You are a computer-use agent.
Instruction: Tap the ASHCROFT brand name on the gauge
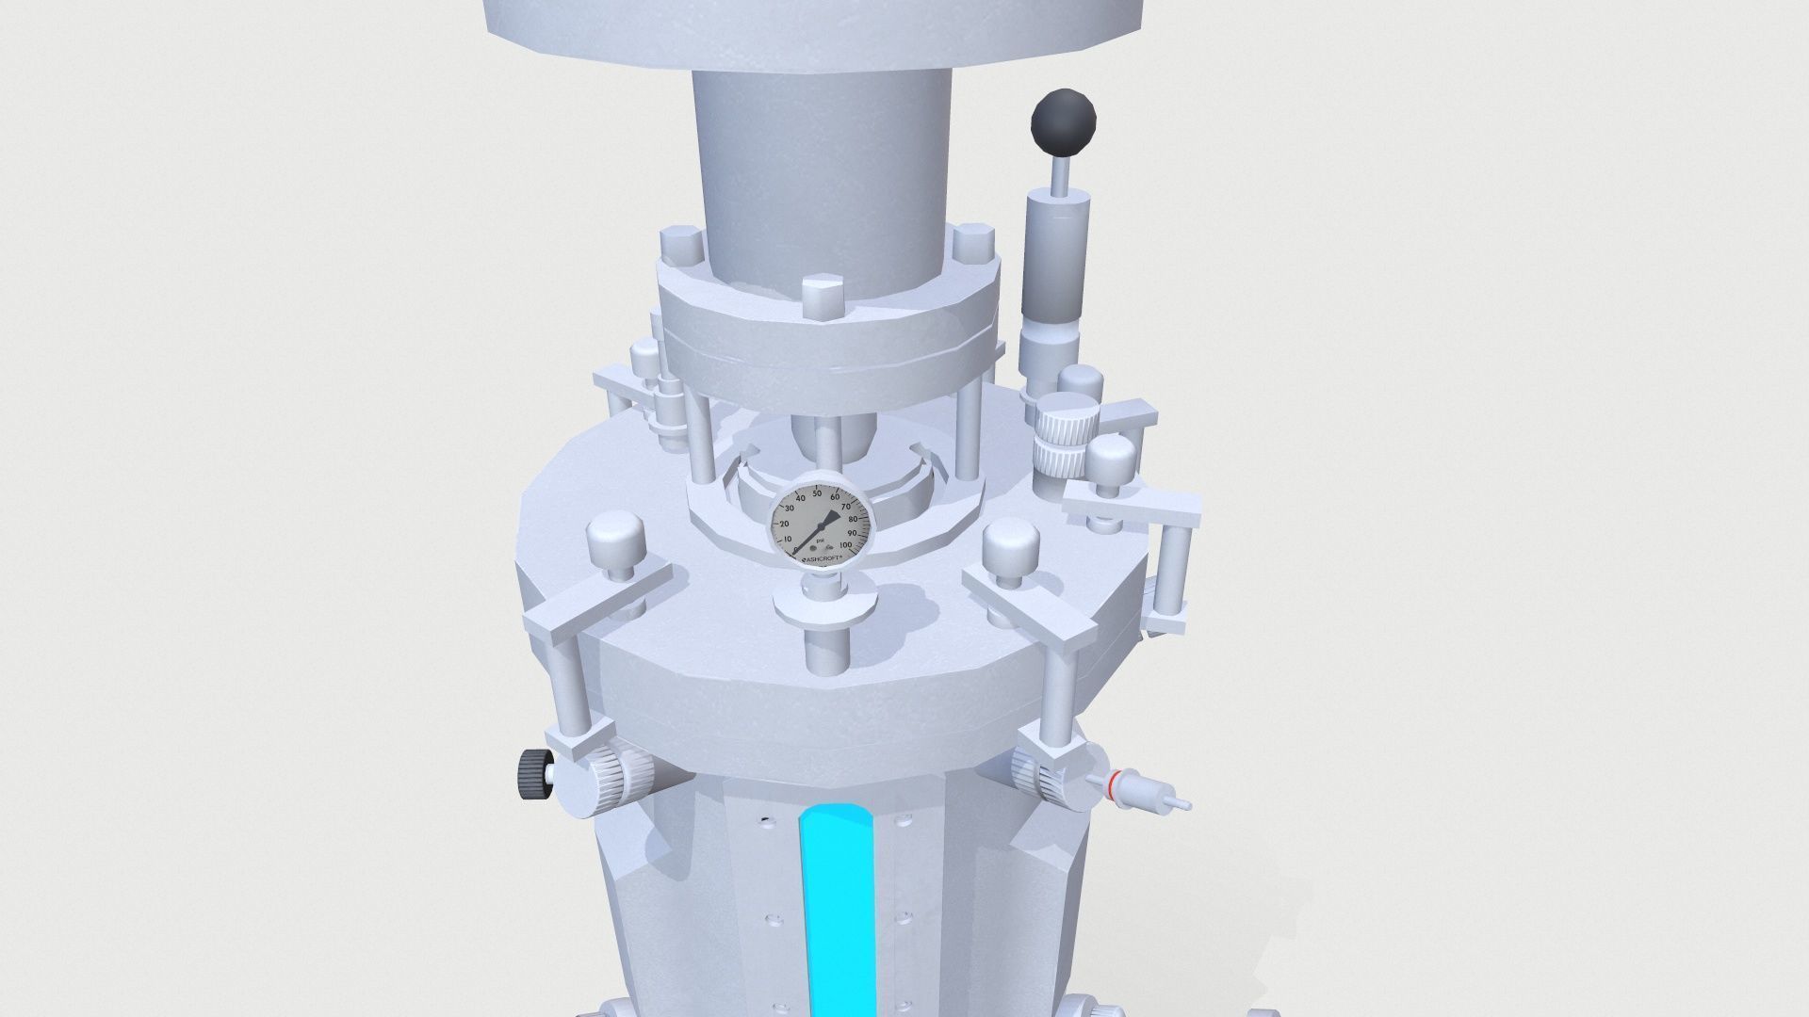point(823,559)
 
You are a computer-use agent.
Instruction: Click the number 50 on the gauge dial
point(818,493)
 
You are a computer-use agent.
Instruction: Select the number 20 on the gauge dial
point(785,524)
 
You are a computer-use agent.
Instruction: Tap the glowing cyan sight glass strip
point(837,904)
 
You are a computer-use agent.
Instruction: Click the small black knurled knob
point(533,774)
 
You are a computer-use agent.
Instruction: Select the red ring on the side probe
point(1116,781)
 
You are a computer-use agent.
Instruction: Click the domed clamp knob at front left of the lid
point(614,541)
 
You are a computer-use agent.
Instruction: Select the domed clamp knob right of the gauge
point(1011,547)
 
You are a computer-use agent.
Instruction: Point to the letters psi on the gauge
point(819,541)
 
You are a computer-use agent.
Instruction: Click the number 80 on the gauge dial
point(853,519)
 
